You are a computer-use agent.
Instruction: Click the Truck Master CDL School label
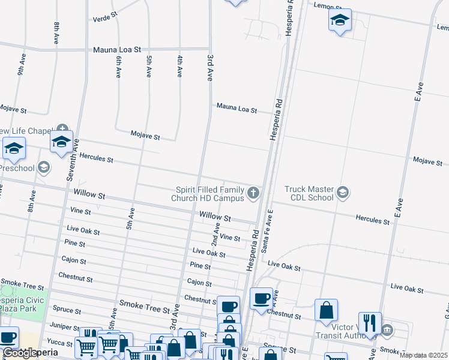point(309,193)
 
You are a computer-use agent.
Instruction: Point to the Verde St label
point(104,19)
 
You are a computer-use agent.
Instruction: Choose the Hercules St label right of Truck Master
point(372,220)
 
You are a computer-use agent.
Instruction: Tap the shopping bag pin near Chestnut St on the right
point(327,310)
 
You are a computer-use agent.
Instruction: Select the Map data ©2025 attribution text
point(423,355)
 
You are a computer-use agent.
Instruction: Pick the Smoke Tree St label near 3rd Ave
point(144,309)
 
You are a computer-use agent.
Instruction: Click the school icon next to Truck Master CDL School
point(343,193)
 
